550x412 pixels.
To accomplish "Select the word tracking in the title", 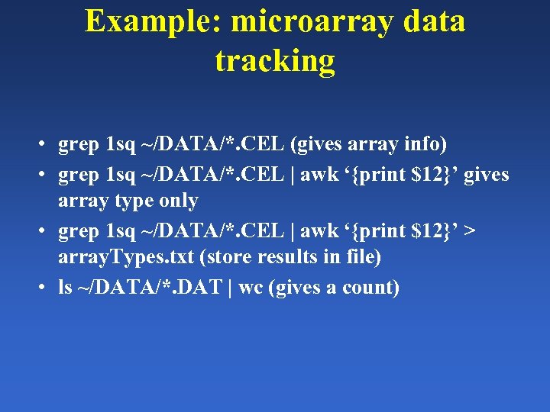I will click(275, 61).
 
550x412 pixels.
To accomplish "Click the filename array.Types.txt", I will click(125, 259).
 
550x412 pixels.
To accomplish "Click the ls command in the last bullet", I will click(65, 288).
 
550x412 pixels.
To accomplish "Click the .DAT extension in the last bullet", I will click(197, 288).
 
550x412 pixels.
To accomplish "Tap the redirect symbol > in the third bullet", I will click(468, 230).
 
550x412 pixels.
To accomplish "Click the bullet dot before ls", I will click(47, 288).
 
